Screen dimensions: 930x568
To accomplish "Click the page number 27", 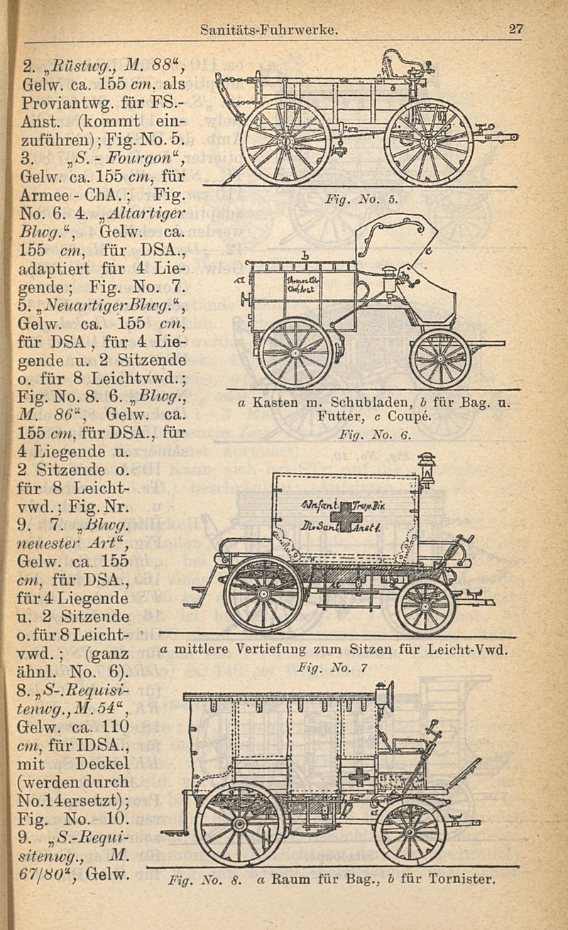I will click(x=515, y=30).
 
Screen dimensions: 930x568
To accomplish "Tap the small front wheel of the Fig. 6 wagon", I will click(x=440, y=359).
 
